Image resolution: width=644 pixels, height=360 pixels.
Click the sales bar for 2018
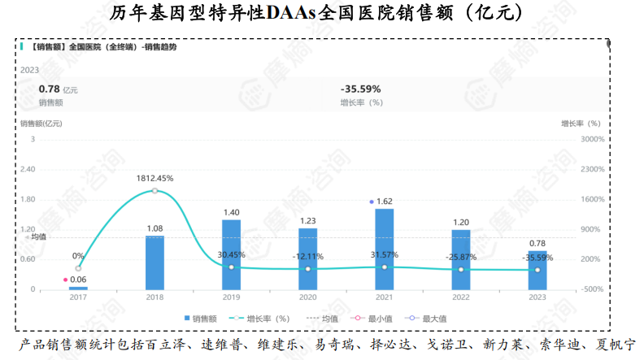(x=154, y=262)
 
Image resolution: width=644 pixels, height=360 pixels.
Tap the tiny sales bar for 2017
(x=78, y=288)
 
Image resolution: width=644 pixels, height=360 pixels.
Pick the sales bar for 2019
(x=231, y=254)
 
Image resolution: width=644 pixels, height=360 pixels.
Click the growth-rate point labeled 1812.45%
(x=154, y=191)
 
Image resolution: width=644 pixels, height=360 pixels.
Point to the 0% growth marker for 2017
(x=78, y=268)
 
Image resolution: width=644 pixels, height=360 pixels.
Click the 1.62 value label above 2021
(x=385, y=201)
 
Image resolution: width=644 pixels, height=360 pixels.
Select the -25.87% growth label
(x=460, y=257)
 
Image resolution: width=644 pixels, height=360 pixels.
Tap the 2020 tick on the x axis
(x=307, y=297)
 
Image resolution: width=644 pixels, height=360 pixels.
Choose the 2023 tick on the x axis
(x=537, y=297)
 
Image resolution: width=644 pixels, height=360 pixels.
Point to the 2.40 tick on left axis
(x=27, y=169)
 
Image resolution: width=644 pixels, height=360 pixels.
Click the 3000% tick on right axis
(x=592, y=139)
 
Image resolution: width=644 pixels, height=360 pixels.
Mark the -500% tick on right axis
(x=592, y=289)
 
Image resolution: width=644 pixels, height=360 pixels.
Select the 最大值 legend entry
(x=428, y=318)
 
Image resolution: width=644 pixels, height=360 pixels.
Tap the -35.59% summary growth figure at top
(x=361, y=89)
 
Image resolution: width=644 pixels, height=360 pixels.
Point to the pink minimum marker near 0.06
(x=65, y=279)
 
